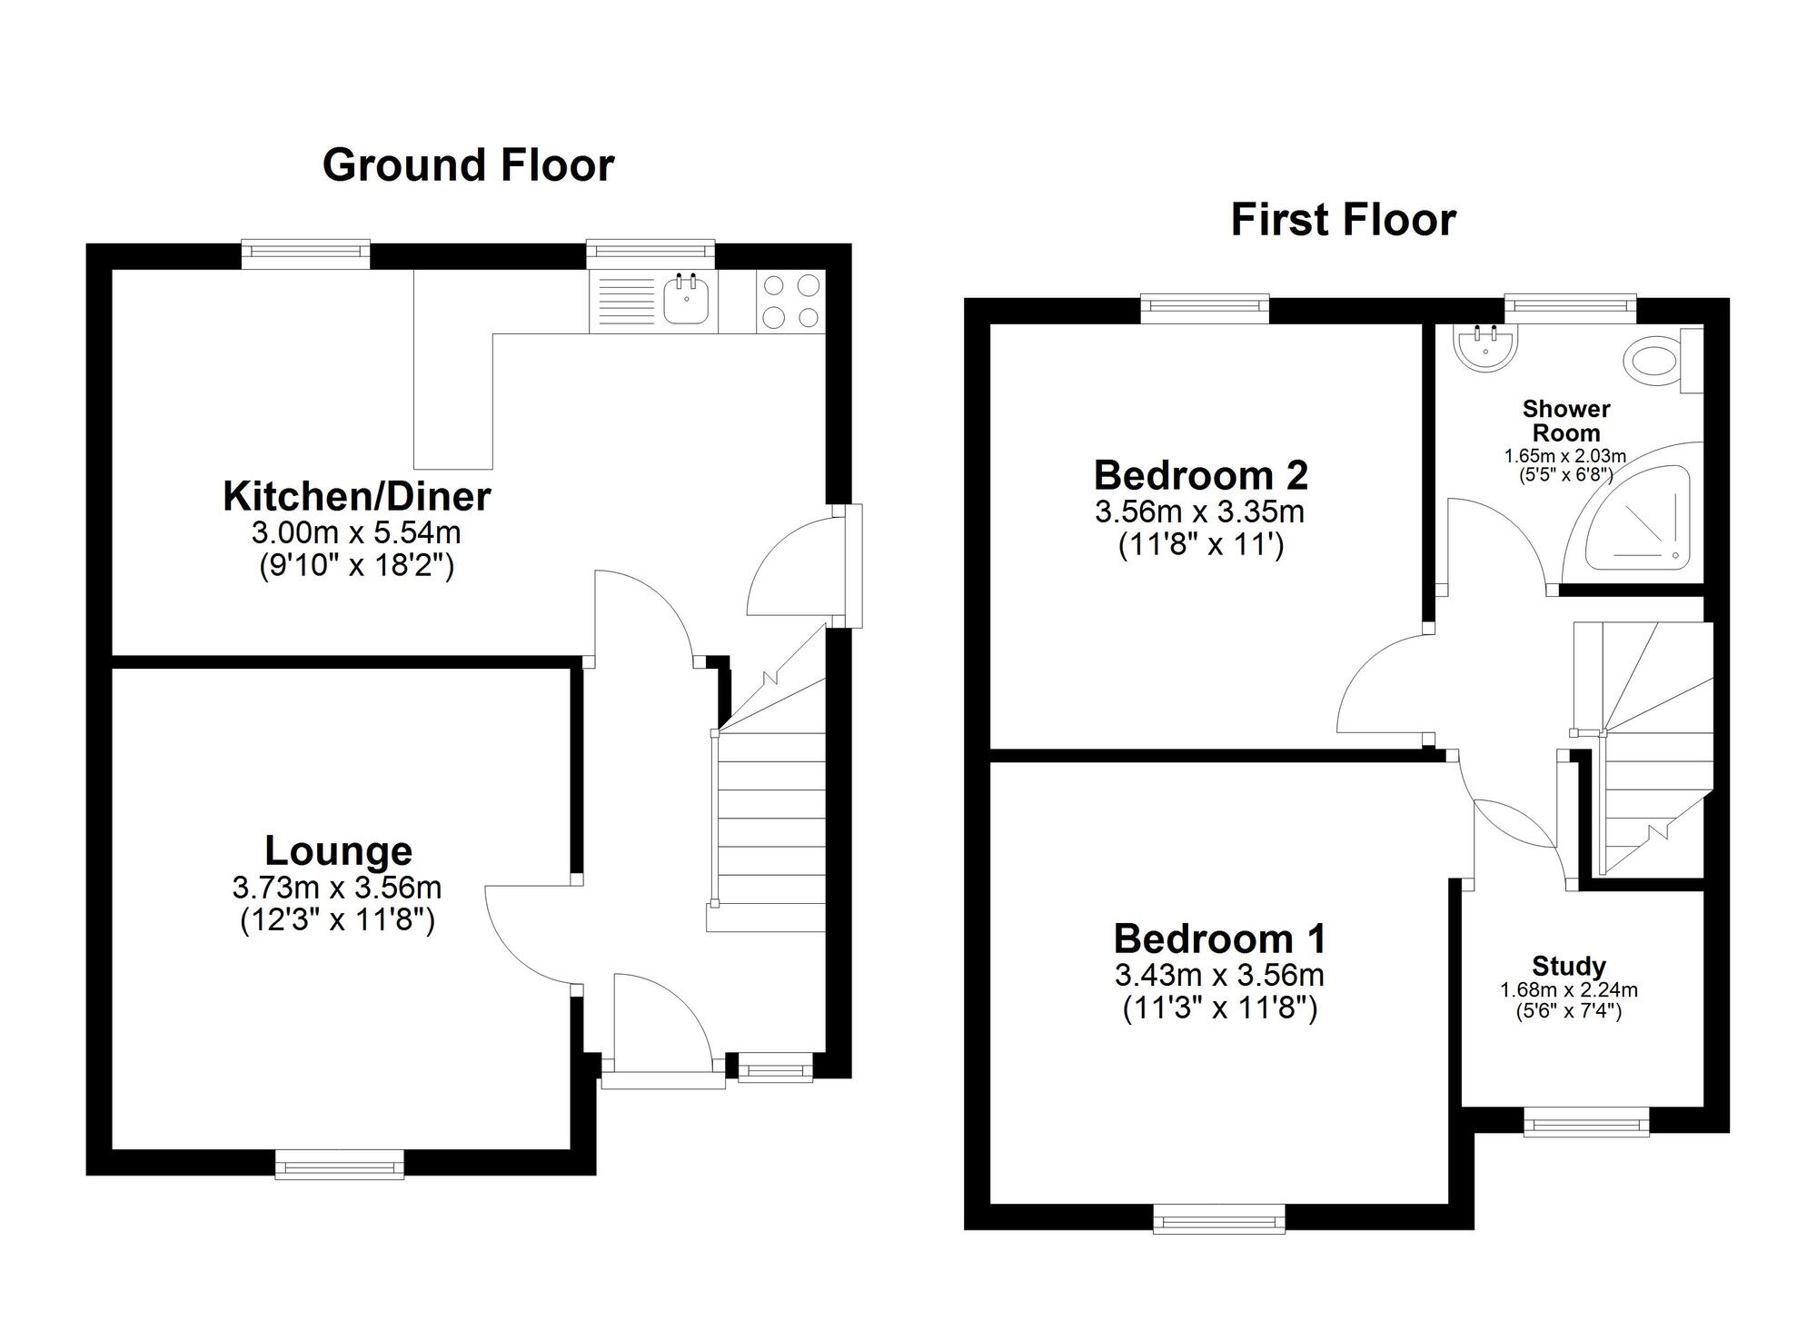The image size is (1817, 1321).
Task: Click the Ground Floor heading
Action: [468, 165]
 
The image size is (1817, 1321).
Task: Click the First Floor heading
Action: [1343, 220]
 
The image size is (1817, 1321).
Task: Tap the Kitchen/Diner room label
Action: [356, 497]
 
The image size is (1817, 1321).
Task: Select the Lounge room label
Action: [338, 851]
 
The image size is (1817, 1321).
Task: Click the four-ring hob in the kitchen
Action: [790, 301]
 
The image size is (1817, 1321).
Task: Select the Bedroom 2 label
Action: [1200, 475]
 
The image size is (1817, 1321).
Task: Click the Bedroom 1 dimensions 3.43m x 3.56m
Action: [1218, 976]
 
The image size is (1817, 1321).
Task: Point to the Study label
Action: [1568, 966]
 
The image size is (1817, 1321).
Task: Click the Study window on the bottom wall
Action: [1585, 1122]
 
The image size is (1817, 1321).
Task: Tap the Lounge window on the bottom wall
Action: [340, 1165]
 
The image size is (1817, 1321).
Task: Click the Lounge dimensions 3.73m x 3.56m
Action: [337, 888]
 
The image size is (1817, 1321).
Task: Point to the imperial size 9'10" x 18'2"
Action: [356, 566]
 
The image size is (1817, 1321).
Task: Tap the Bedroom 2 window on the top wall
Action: [1205, 309]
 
